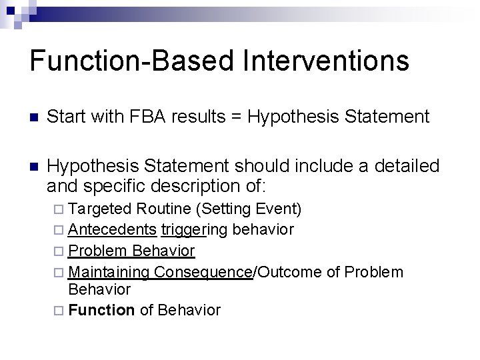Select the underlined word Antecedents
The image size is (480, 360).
(x=113, y=230)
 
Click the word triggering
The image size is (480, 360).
(x=193, y=230)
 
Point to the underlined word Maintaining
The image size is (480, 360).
(x=110, y=271)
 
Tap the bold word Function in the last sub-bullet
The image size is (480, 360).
(x=101, y=310)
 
